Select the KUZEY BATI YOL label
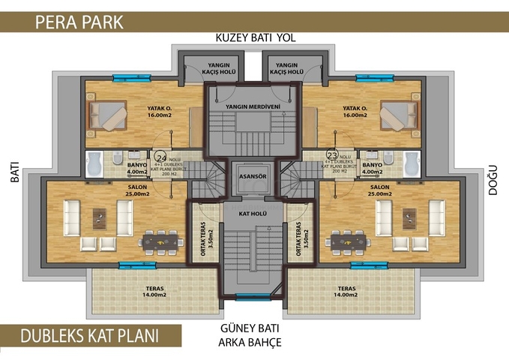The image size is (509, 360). [x=252, y=37]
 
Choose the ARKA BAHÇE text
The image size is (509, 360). [x=251, y=343]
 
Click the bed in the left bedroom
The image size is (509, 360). [x=108, y=116]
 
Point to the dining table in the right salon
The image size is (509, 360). [x=343, y=241]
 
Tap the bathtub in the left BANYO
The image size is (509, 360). [x=95, y=163]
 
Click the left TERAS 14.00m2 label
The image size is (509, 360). [x=155, y=291]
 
